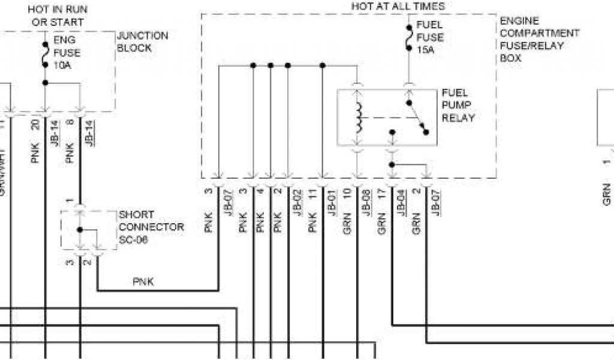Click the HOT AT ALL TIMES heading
tap(398, 6)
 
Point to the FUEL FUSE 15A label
tap(429, 37)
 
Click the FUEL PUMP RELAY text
tap(458, 106)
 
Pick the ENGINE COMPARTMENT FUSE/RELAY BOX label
tap(539, 40)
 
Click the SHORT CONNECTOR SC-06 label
tap(151, 227)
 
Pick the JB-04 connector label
tap(400, 203)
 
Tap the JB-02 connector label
tap(296, 203)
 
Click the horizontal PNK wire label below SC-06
tap(143, 281)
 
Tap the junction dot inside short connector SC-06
tap(80, 230)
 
